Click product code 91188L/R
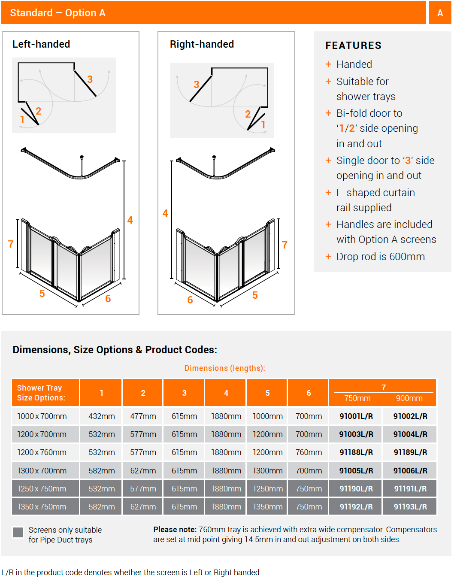coord(356,452)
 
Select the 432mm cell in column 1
coord(102,416)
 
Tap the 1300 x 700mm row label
coord(42,471)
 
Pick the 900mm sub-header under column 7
coord(409,398)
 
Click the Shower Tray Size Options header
coord(41,393)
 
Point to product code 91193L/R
coord(410,507)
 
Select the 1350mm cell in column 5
coord(267,507)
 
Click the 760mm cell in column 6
coord(309,452)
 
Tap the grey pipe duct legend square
coord(18,532)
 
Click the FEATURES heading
coord(353,45)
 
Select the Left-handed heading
coord(41,44)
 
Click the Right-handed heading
coord(202,44)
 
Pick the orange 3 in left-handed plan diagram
coord(90,79)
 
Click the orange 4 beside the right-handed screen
coord(165,213)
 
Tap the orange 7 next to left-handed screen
coord(11,244)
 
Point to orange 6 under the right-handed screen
coord(190,300)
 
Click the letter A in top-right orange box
coord(440,13)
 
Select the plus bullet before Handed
coord(328,64)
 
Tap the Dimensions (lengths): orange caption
coord(224,368)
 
